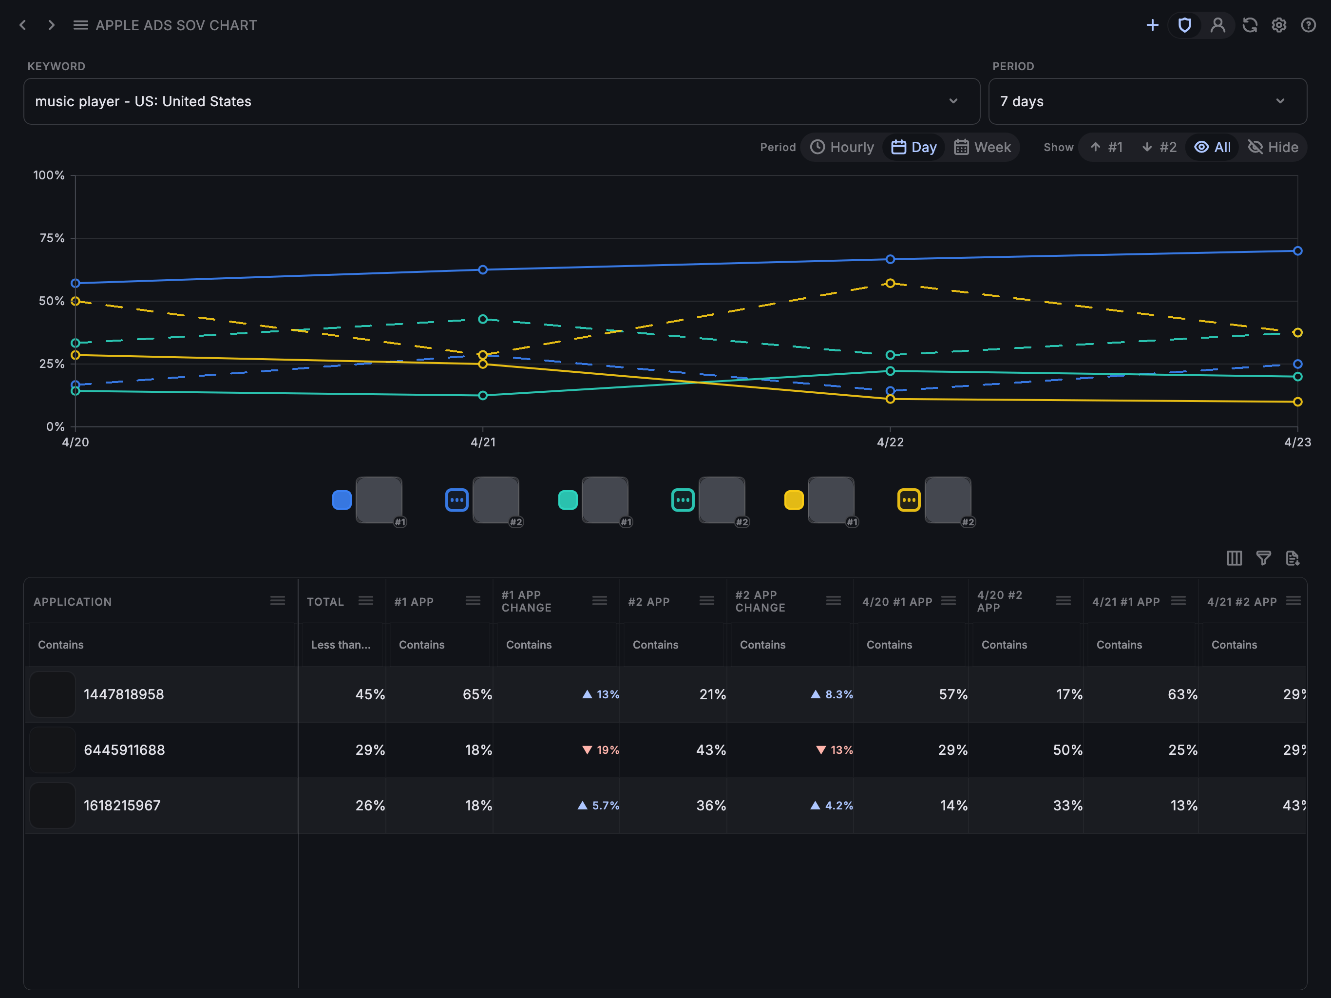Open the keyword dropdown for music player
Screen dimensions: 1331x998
[501, 101]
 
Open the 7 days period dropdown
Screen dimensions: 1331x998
[1147, 101]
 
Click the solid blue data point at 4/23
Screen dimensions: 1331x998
[1297, 251]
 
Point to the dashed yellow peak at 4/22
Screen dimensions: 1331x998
[890, 283]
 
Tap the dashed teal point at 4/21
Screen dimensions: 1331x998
[483, 319]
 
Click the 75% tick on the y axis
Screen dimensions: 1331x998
[52, 238]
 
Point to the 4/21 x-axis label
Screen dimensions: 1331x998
[483, 442]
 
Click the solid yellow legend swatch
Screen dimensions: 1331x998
[794, 499]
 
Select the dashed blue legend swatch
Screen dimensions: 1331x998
[456, 499]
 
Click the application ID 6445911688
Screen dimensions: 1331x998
[124, 750]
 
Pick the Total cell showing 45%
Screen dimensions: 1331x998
[370, 694]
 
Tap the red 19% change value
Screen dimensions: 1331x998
[601, 750]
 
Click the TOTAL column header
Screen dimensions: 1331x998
[325, 601]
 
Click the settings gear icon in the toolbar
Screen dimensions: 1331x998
[1279, 25]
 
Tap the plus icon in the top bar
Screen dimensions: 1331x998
[1152, 25]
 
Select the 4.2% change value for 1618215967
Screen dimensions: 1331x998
[832, 806]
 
